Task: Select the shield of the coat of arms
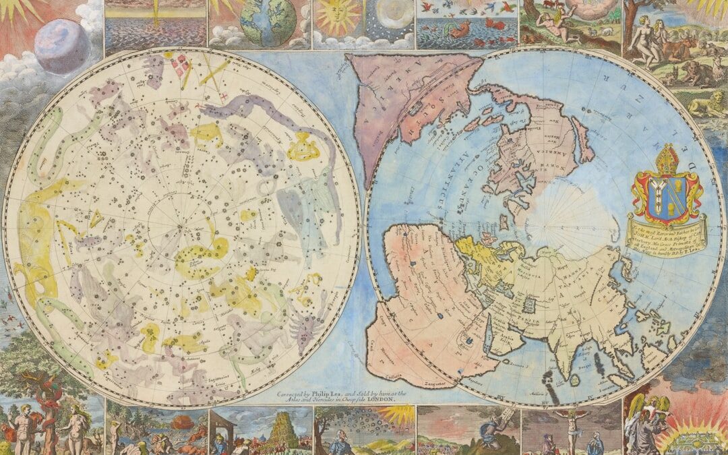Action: [665, 195]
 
